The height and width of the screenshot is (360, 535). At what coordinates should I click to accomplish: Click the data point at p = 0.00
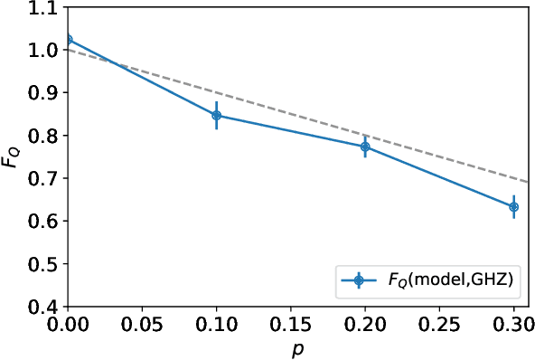(x=67, y=40)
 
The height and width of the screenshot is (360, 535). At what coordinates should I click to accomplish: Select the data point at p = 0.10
(x=216, y=116)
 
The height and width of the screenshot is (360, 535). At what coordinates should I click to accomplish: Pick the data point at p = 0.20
(x=365, y=147)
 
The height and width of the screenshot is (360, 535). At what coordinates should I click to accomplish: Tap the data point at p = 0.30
(x=513, y=206)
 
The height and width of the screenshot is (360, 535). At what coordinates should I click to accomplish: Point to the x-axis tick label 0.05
(x=141, y=323)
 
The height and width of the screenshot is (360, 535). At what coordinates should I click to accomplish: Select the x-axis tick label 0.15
(x=290, y=323)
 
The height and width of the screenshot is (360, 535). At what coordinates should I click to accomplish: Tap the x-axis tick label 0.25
(x=439, y=323)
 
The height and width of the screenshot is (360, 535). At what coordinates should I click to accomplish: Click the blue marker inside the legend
(x=359, y=282)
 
